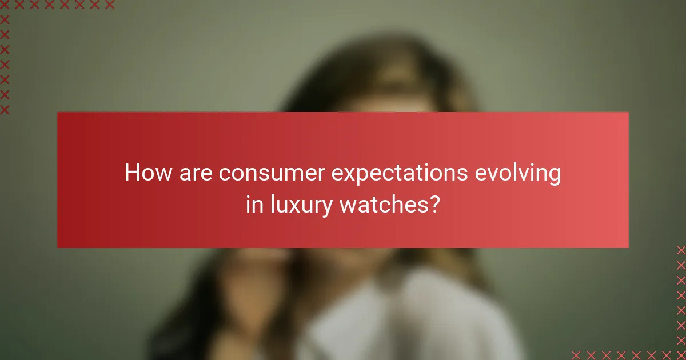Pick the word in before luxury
coord(252,204)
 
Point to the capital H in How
coord(132,173)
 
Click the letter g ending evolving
coord(554,175)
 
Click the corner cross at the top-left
coord(5,5)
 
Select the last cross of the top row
coord(110,5)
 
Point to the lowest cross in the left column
coord(5,109)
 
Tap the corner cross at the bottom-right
coord(681,354)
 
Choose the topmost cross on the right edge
coord(681,250)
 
